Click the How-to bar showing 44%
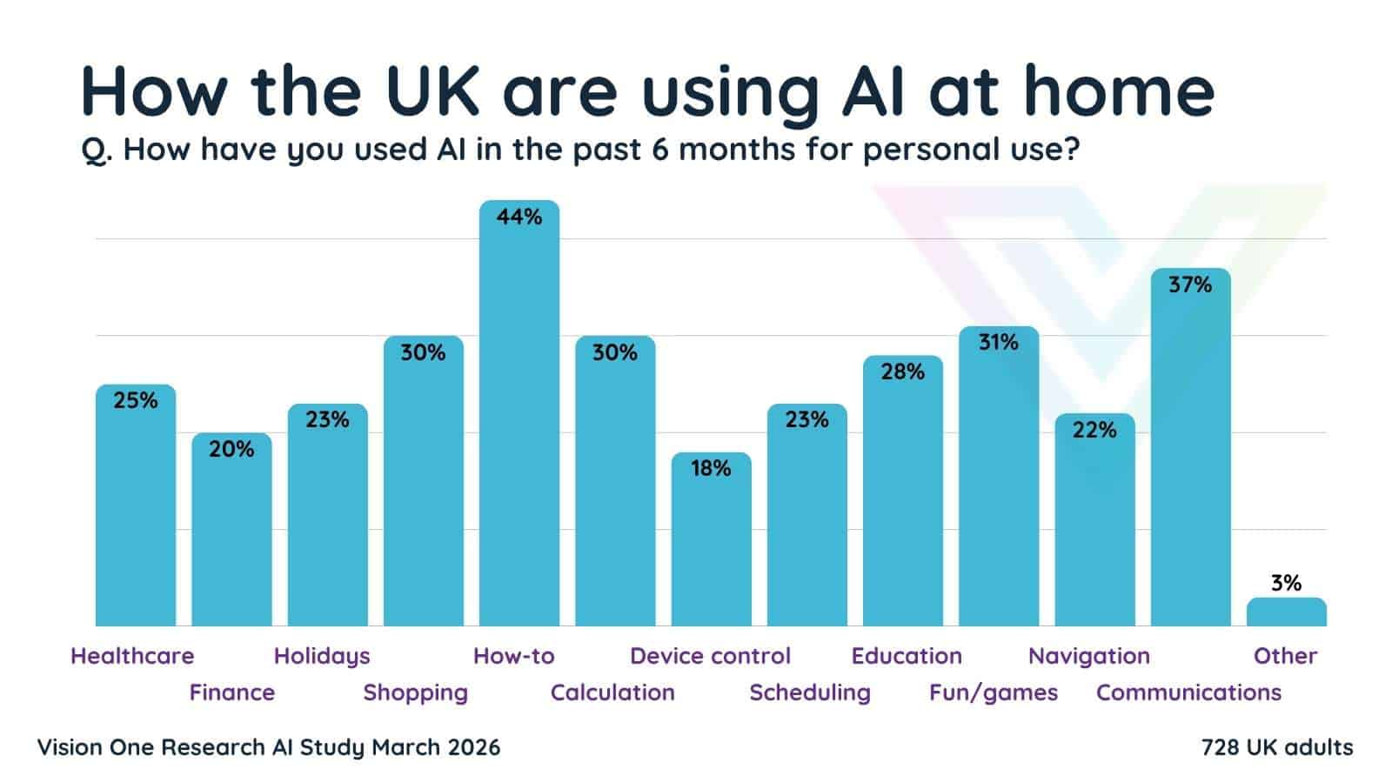[519, 418]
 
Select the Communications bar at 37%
[1190, 452]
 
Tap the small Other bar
[1286, 612]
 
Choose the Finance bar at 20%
[231, 531]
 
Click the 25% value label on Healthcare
[136, 400]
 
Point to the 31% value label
[998, 342]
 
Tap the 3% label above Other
[1286, 583]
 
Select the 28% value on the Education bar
[902, 371]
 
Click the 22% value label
[1094, 430]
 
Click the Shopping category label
[415, 693]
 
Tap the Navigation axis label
[1088, 656]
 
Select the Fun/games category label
[994, 693]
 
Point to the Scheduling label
[810, 693]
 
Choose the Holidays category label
[322, 656]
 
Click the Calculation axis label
[612, 693]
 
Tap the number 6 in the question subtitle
[659, 150]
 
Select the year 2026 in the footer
[472, 747]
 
